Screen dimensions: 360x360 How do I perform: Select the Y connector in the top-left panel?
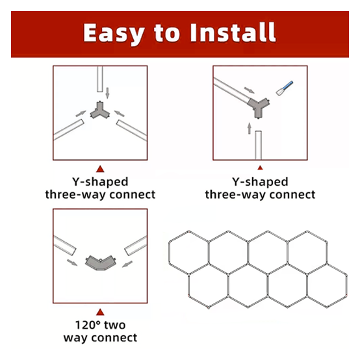click(x=100, y=111)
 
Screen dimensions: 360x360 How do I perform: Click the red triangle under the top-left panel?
click(x=100, y=168)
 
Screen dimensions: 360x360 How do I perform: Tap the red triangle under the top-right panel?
click(x=260, y=168)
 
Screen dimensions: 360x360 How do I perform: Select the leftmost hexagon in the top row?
click(x=188, y=251)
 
